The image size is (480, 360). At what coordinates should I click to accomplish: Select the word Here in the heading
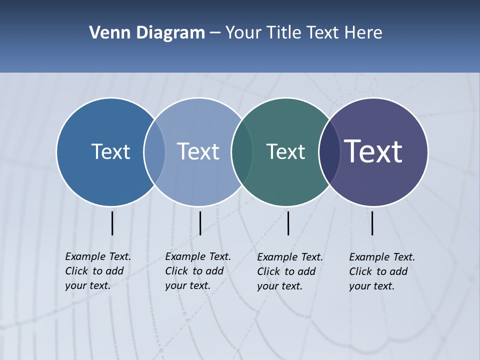point(363,33)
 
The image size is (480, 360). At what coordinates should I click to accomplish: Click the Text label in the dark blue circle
point(110,151)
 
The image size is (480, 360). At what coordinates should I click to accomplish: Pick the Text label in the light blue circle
point(198,151)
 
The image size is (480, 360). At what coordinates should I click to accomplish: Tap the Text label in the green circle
point(285,151)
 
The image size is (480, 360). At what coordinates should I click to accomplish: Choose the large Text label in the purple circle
point(373,151)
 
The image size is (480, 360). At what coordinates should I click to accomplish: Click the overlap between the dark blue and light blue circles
point(154,151)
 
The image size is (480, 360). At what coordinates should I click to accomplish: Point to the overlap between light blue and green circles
point(242,151)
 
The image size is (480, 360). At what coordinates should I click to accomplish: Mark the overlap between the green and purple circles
point(329,151)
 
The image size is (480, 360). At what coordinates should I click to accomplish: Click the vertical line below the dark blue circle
point(112,223)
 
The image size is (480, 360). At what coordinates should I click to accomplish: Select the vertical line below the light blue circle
point(200,223)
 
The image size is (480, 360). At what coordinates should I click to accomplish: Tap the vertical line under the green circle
point(288,223)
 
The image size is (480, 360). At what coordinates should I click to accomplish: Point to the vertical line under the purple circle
point(372,223)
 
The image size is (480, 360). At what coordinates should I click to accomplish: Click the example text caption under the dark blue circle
point(98,271)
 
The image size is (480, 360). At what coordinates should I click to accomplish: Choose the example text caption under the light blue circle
point(198,271)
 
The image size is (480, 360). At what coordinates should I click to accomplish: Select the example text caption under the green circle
point(290,271)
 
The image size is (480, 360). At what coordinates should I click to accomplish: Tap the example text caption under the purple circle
point(382,271)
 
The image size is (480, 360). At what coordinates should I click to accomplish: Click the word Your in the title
point(243,33)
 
